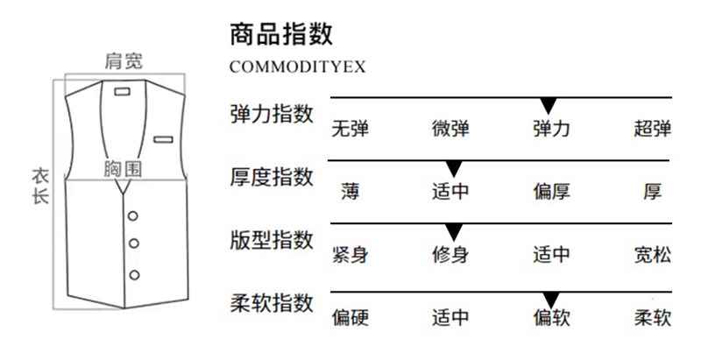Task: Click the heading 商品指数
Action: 280,34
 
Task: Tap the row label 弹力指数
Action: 271,115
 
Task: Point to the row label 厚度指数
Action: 271,177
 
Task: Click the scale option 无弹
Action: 350,130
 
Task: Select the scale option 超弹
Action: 652,130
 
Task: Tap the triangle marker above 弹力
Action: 550,106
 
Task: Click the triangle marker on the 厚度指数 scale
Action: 453,168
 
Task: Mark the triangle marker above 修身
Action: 453,232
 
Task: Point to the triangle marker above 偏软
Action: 550,297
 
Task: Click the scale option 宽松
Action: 652,256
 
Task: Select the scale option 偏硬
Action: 350,318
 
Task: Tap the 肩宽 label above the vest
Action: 123,61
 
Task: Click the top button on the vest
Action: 134,215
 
